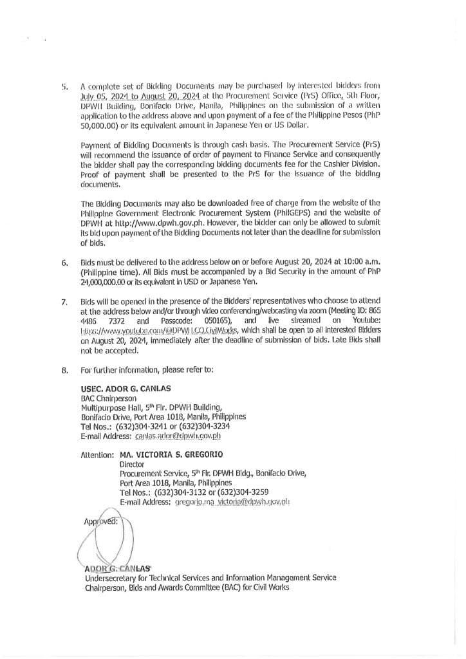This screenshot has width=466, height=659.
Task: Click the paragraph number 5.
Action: [x=64, y=86]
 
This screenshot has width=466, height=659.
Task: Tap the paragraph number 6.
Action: [x=64, y=263]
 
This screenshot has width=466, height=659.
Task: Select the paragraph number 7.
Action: [x=64, y=301]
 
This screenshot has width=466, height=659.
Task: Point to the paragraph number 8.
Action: [x=64, y=370]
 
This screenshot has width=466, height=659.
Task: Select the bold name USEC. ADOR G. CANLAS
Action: [x=126, y=389]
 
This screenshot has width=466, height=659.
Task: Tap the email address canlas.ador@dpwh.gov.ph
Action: [x=178, y=436]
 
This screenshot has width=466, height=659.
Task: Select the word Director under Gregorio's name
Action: [x=132, y=464]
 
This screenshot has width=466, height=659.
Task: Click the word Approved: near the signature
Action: [x=101, y=521]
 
